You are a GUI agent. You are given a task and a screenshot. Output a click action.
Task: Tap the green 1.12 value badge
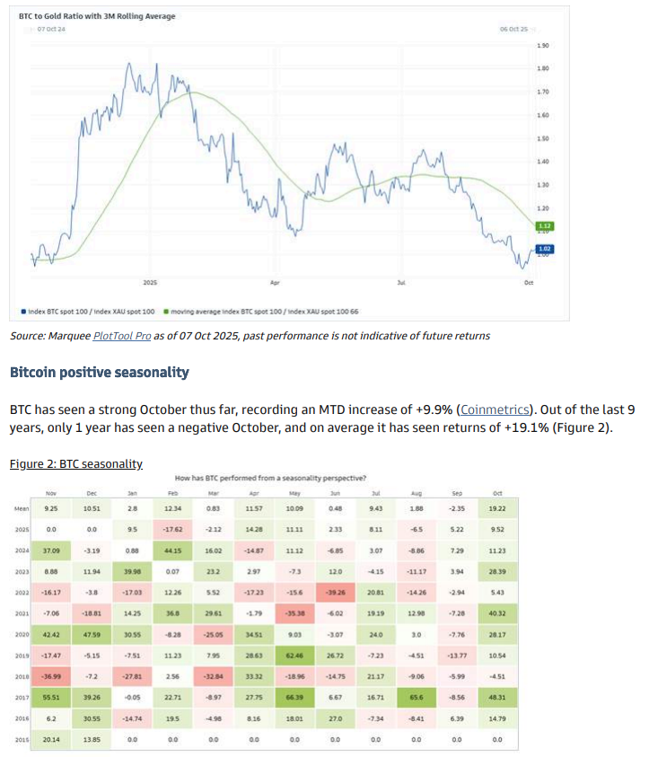click(x=544, y=226)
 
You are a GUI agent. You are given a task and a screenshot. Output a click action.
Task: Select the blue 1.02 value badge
click(x=544, y=248)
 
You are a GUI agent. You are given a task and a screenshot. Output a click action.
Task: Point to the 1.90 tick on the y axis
click(x=542, y=45)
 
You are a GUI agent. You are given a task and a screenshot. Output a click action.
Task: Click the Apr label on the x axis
click(x=275, y=282)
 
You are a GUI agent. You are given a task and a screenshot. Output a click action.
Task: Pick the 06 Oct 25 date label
click(x=513, y=30)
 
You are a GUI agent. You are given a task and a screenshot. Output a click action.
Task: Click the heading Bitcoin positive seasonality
click(x=99, y=372)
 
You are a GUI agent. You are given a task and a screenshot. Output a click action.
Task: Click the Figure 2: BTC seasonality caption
click(x=76, y=463)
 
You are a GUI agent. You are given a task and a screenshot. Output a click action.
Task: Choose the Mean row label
click(x=22, y=509)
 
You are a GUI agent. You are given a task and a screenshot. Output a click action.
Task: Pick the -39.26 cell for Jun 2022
click(x=335, y=593)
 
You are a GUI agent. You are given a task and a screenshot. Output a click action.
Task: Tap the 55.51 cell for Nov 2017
click(x=50, y=697)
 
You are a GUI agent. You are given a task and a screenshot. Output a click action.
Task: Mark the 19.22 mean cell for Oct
click(x=497, y=509)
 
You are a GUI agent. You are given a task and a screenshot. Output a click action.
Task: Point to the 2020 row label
click(x=22, y=636)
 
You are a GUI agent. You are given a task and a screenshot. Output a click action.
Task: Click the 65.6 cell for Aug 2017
click(x=417, y=697)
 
